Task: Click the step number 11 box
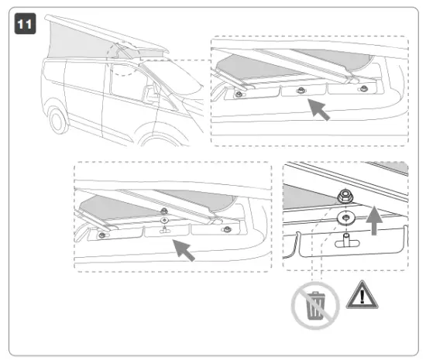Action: [25, 22]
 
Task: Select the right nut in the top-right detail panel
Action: [362, 89]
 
